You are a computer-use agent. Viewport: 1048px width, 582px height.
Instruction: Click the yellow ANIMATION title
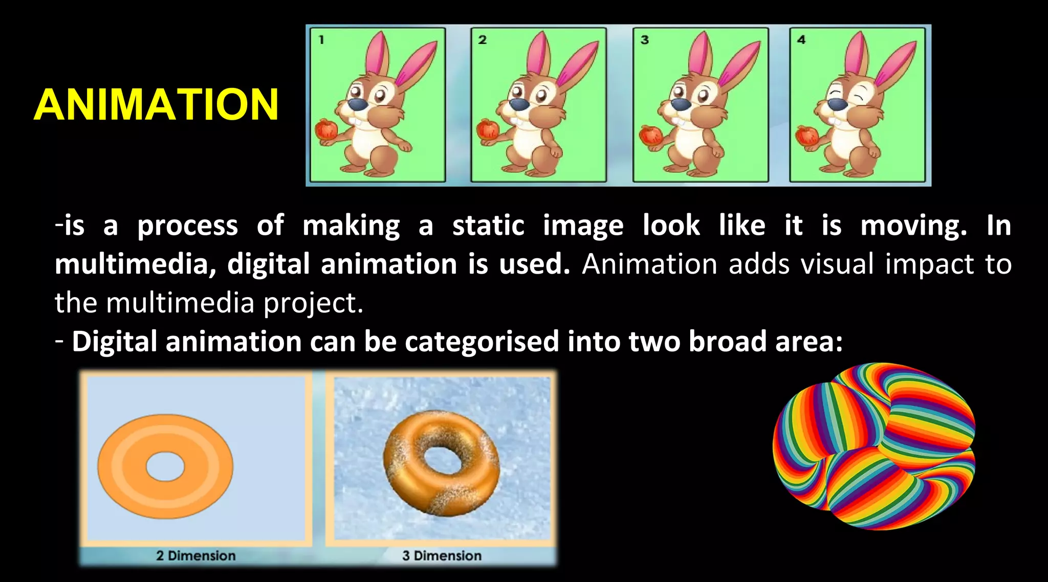[156, 104]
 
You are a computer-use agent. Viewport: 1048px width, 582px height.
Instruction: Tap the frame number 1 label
[321, 39]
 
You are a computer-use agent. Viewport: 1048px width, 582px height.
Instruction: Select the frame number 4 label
[801, 39]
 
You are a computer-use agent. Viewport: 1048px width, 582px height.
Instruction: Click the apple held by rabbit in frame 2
[488, 129]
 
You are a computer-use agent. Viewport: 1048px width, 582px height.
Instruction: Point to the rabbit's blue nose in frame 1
[357, 105]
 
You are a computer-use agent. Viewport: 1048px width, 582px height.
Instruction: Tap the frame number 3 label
[645, 39]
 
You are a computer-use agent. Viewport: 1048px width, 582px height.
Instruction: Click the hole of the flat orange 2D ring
[165, 466]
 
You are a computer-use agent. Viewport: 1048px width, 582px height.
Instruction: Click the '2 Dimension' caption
[196, 555]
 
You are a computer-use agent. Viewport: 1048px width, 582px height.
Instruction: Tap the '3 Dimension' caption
[442, 555]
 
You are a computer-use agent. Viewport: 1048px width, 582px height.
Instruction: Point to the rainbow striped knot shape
[874, 446]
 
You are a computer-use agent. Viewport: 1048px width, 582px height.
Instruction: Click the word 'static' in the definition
[488, 226]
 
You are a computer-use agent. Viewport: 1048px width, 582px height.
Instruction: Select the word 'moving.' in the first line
[913, 226]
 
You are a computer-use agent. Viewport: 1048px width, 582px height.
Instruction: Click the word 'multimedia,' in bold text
[135, 264]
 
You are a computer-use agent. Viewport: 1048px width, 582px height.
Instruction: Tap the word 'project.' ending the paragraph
[313, 303]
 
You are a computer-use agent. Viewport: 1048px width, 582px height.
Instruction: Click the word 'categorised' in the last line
[482, 342]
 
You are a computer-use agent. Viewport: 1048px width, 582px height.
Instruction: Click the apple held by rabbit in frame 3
[650, 136]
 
